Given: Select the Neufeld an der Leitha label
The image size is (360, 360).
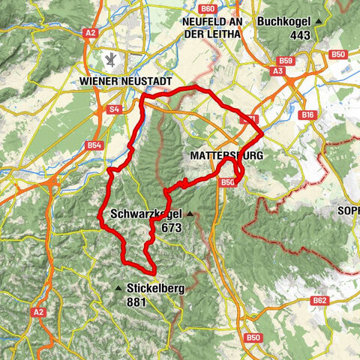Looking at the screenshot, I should [x=212, y=28].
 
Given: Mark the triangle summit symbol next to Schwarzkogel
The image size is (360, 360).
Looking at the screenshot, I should [x=190, y=214].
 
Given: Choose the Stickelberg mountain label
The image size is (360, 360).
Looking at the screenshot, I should [x=157, y=287].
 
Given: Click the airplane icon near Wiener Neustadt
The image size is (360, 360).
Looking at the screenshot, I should [x=111, y=58].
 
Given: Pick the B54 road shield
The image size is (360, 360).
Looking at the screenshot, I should [x=94, y=145].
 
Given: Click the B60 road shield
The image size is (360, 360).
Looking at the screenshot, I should [x=208, y=8].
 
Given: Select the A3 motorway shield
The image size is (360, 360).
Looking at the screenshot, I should [x=277, y=70].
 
